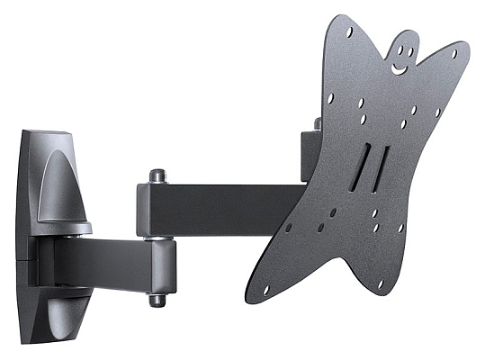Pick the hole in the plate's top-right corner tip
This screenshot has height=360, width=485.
(454, 53)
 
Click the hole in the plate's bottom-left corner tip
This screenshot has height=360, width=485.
(265, 290)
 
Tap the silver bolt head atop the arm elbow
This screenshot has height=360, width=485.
(157, 175)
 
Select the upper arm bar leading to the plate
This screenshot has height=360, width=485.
(234, 207)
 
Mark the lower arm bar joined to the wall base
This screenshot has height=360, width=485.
(99, 262)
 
